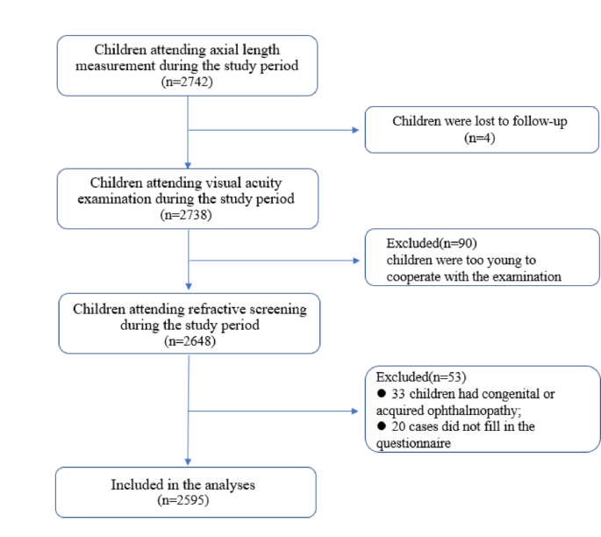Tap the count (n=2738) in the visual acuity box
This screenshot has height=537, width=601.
point(188,213)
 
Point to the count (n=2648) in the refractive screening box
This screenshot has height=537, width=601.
point(188,340)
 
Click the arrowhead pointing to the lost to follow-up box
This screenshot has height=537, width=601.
point(355,131)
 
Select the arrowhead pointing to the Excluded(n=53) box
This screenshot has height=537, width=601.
point(355,409)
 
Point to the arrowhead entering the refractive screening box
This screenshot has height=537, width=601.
point(188,290)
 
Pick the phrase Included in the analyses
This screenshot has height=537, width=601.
point(185,484)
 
